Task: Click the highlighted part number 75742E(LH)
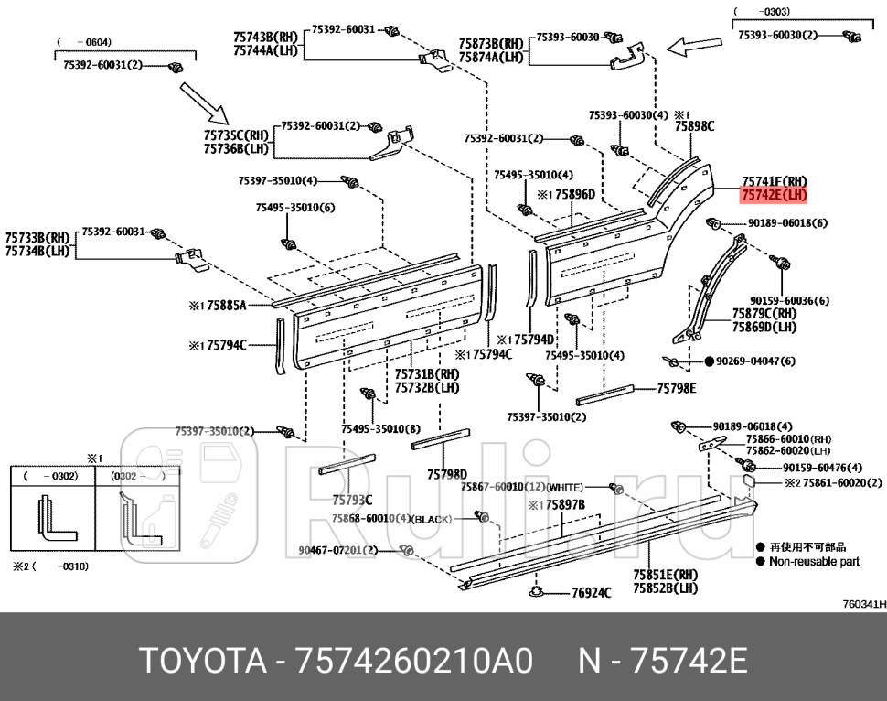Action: coord(774,195)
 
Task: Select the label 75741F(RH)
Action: coord(774,181)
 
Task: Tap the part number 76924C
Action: coord(591,593)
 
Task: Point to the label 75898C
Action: coord(694,127)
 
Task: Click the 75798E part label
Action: coord(676,388)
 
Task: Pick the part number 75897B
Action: coord(563,504)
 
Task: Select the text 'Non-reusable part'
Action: coord(814,562)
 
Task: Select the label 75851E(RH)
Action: coord(665,575)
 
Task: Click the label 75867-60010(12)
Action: coord(503,487)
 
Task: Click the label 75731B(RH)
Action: coord(427,373)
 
